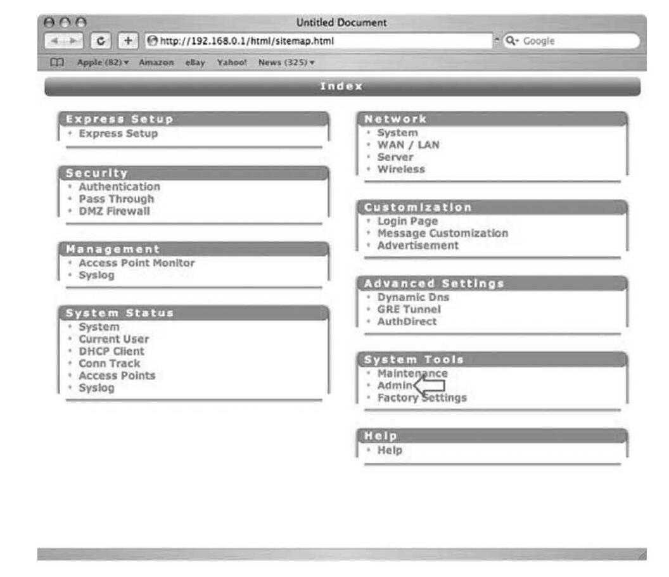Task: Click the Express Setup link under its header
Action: coord(118,134)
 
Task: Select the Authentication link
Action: coord(119,187)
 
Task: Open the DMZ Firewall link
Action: coord(114,211)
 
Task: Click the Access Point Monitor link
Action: coord(136,263)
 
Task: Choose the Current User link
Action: coord(113,339)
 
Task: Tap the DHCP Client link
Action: coord(111,351)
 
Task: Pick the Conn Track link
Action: coord(109,364)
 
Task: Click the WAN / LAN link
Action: coord(408,145)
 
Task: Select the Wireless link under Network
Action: coord(401,169)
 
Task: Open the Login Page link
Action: coord(407,221)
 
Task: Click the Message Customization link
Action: coord(442,233)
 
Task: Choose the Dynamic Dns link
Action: coord(413,297)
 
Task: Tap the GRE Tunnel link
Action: coord(409,309)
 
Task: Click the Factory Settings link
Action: coord(422,398)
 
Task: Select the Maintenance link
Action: coord(412,374)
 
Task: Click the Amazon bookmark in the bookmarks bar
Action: coord(156,63)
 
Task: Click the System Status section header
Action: coord(120,313)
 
